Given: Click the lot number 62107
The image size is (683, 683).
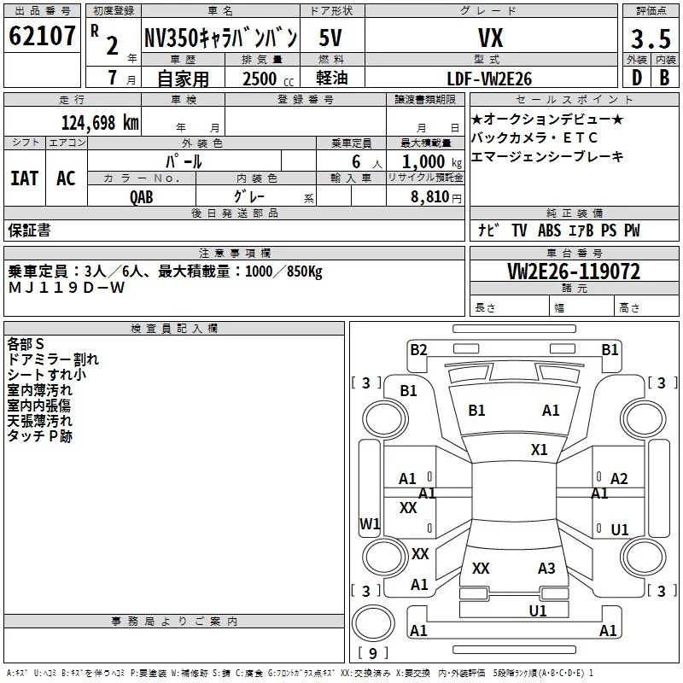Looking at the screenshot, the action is click(43, 38).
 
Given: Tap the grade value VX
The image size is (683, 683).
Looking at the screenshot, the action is click(489, 38).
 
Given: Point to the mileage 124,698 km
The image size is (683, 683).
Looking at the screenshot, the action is click(100, 123).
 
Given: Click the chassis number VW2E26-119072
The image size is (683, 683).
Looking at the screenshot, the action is click(574, 271).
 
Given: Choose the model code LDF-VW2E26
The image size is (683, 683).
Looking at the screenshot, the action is click(489, 79).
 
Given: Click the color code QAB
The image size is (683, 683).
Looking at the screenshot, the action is click(142, 196).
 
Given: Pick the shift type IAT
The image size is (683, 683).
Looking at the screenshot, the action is click(24, 178).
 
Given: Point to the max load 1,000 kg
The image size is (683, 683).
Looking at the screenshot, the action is click(427, 161).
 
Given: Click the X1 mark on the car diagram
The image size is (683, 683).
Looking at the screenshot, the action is click(539, 450).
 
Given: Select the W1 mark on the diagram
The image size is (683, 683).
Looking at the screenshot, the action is click(369, 524).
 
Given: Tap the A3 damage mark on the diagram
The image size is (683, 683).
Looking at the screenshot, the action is click(546, 569).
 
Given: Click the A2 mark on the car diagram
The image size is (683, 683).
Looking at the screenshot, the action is click(619, 479).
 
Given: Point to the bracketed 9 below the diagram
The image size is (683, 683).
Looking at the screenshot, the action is click(372, 654).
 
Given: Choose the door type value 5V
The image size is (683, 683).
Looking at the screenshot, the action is click(333, 38).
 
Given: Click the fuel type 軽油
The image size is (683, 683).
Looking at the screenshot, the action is click(333, 79).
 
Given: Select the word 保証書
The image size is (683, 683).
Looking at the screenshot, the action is click(29, 231).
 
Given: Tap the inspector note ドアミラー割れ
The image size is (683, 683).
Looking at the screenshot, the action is click(53, 359).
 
